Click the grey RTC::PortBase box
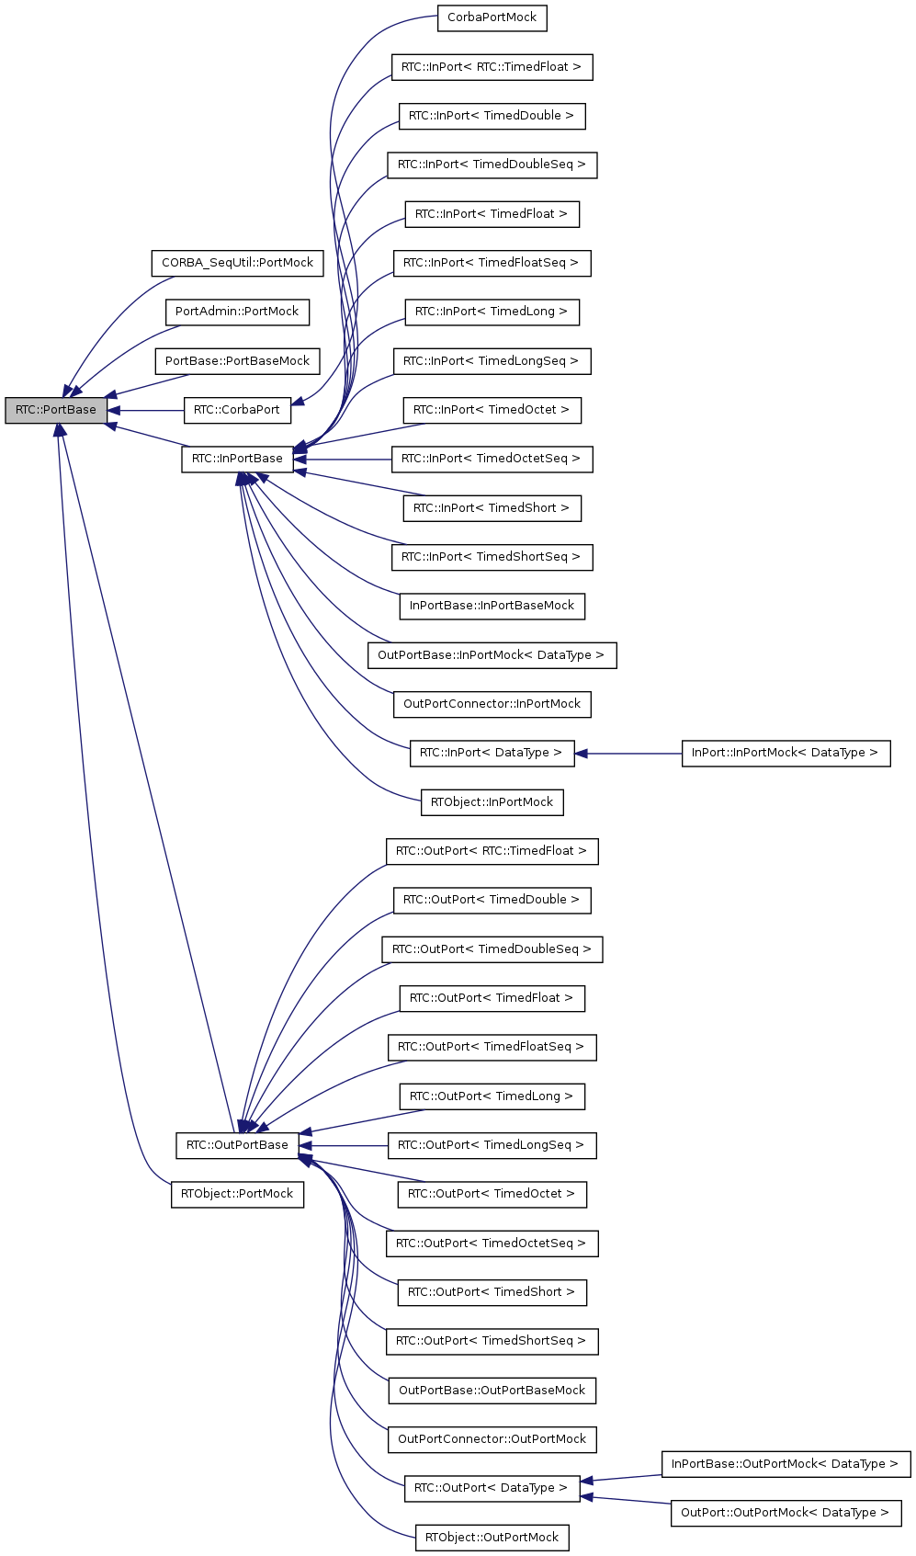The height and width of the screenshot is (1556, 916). coord(55,410)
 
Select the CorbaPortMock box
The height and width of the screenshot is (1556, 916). coord(492,17)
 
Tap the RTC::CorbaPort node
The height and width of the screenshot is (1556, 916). coord(237,410)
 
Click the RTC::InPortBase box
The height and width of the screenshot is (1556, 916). coord(237,459)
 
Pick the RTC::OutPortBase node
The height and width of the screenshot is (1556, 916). coord(237,1145)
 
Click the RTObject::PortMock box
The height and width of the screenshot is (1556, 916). coord(237,1194)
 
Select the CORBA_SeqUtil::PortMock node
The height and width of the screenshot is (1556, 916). coord(237,263)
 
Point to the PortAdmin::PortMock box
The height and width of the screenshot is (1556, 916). coord(237,312)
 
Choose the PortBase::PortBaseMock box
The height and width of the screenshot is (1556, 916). coord(237,361)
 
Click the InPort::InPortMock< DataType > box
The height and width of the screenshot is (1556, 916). coord(786,753)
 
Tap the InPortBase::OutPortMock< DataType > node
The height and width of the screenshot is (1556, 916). coord(786,1464)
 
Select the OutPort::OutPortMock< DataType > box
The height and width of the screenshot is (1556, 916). coord(786,1513)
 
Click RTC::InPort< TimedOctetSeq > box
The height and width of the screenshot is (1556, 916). coord(492,459)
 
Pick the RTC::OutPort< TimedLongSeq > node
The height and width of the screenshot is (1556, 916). coord(492,1145)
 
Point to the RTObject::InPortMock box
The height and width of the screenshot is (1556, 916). coord(492,802)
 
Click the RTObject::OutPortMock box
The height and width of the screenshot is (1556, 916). coord(492,1538)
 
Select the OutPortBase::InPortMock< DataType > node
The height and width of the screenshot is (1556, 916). coord(492,655)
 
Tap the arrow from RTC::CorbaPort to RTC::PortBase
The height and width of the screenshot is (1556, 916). coord(147,411)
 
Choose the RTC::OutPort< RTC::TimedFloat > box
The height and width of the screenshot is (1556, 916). coord(492,851)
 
